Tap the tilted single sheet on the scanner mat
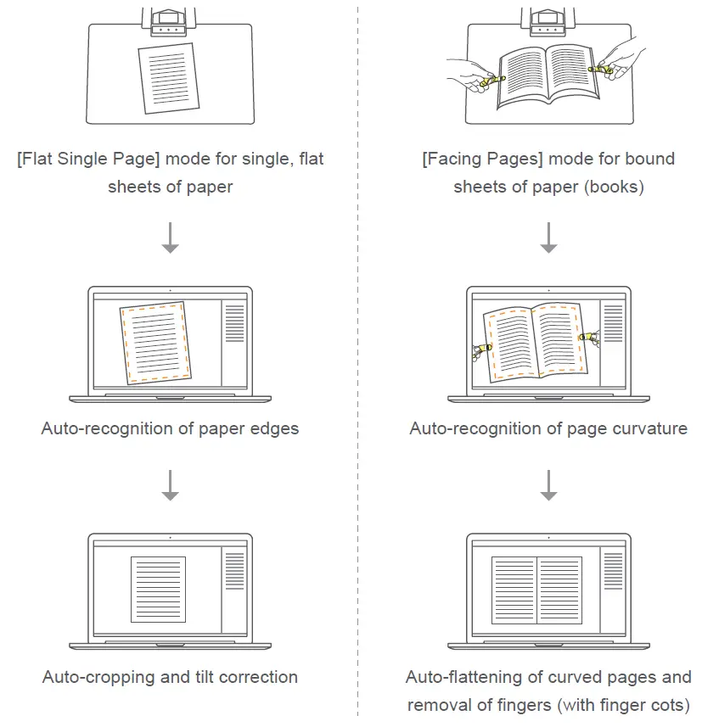(170, 78)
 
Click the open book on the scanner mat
(548, 79)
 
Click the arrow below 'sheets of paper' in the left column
(170, 238)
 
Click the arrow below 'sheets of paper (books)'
(548, 238)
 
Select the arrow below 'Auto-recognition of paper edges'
(170, 484)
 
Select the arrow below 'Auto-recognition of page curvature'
(548, 484)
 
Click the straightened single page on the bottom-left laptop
(158, 589)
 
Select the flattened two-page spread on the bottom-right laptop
(536, 589)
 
